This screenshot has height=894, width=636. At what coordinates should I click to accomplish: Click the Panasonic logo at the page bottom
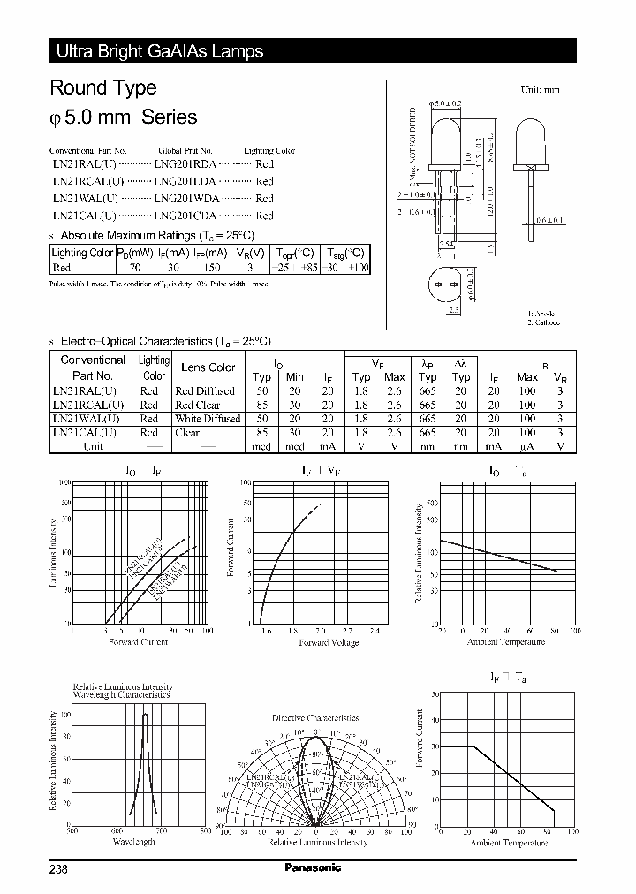312,867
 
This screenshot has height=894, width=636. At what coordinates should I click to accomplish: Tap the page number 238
58,868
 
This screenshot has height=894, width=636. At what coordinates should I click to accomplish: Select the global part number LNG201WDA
186,199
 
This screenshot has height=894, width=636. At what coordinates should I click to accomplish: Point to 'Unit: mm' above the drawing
541,90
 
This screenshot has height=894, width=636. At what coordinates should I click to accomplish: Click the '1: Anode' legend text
541,314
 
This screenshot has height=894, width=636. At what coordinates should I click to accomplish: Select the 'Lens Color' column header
208,367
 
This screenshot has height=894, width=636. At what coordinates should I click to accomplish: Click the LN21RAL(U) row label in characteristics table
85,390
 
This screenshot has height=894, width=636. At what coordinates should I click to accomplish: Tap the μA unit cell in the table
527,447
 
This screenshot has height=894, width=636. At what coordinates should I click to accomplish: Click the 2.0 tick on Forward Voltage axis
320,631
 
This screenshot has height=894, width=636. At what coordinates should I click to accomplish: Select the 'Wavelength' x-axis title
133,842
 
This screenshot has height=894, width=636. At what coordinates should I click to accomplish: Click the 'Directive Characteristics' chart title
315,718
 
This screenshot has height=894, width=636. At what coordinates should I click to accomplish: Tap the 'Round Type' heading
103,87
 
